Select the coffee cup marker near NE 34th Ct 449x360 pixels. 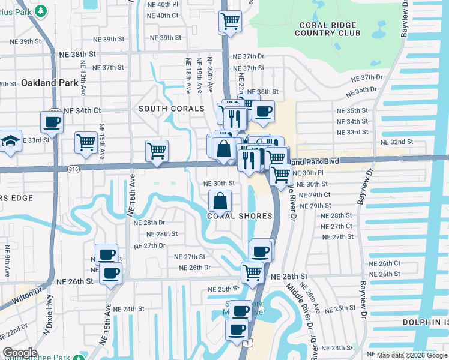(x=52, y=122)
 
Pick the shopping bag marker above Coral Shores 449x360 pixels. (x=220, y=201)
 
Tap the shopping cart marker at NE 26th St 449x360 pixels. (x=253, y=272)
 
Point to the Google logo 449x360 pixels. (x=20, y=353)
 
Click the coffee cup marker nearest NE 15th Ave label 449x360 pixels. (x=111, y=274)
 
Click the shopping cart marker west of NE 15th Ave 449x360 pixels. (x=86, y=143)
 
